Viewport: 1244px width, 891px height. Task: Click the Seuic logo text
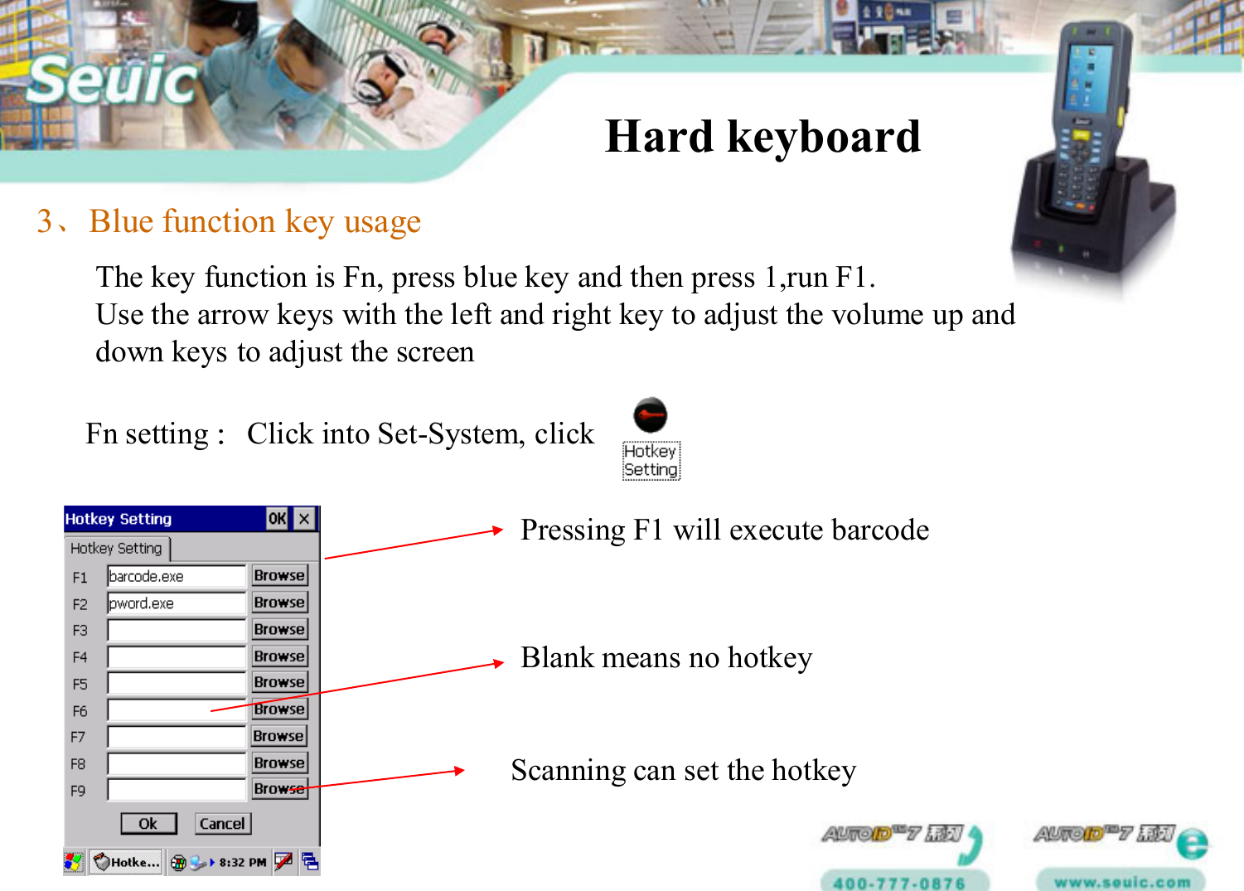click(x=112, y=80)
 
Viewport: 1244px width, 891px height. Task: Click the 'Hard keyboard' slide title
click(x=762, y=137)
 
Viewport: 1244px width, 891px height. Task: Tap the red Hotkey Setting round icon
click(x=650, y=415)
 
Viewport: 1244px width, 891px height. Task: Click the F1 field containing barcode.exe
click(x=176, y=576)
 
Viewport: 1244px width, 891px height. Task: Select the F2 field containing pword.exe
click(x=176, y=603)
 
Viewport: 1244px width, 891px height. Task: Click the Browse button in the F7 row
click(x=278, y=736)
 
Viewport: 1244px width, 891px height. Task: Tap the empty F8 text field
click(x=176, y=763)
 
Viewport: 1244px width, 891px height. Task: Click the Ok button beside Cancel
click(x=148, y=823)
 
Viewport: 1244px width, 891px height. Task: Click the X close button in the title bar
click(x=305, y=519)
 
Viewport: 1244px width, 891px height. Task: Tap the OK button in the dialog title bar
click(x=277, y=519)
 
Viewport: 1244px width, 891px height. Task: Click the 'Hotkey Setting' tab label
click(x=116, y=549)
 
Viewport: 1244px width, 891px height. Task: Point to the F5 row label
click(x=80, y=685)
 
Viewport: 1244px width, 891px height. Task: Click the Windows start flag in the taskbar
click(x=74, y=862)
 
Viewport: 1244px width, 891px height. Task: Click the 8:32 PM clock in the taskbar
click(x=243, y=863)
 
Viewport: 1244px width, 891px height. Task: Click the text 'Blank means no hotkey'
click(x=666, y=657)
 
